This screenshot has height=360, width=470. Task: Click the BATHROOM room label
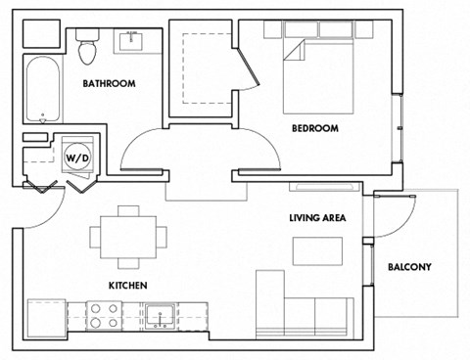coord(109,84)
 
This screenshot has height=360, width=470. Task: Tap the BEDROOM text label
coord(315,128)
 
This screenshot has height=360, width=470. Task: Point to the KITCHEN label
coord(128,286)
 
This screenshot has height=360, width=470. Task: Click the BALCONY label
coord(409,267)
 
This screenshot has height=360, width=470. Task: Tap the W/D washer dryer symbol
coord(76,157)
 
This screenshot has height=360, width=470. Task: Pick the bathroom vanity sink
coord(130,41)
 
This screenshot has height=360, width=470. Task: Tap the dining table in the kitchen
coord(128,236)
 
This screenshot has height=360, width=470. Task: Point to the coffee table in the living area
coord(318,250)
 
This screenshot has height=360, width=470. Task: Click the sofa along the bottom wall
coord(304,311)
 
